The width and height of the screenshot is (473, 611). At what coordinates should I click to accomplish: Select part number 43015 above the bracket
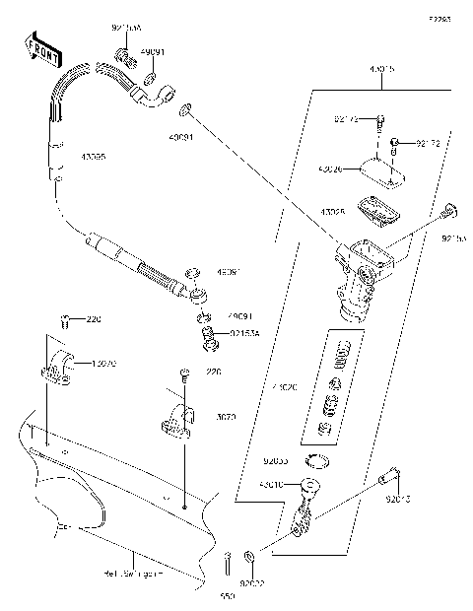[381, 71]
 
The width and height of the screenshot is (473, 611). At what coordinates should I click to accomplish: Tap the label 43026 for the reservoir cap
[331, 170]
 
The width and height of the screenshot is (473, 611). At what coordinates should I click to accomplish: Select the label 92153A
[245, 335]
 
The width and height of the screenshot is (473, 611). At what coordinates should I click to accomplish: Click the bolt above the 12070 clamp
[66, 320]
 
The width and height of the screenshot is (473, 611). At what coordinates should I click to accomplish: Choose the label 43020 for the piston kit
[285, 387]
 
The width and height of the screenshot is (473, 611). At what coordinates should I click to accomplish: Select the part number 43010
[272, 485]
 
